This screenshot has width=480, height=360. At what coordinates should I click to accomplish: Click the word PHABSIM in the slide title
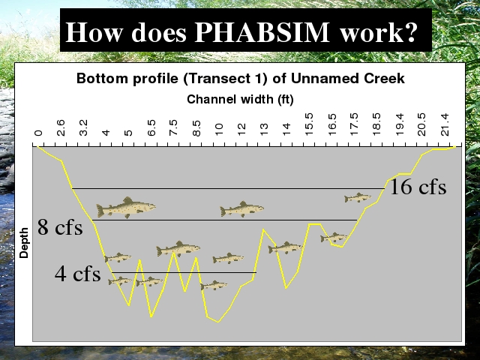(x=262, y=31)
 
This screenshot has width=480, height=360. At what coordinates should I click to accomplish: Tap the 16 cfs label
(x=418, y=187)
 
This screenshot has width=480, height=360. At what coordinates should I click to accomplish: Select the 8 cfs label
(x=60, y=227)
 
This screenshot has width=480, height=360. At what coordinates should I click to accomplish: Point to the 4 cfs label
(x=78, y=273)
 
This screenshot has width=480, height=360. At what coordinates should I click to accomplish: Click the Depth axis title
(x=24, y=243)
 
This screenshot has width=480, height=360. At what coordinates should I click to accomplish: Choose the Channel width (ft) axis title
(x=240, y=99)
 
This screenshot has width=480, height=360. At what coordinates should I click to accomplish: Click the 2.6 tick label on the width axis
(x=61, y=127)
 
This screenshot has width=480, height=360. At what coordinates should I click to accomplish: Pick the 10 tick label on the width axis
(x=218, y=130)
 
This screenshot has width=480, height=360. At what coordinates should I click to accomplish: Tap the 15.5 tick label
(x=309, y=124)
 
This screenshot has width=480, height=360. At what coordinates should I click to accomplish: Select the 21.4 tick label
(x=445, y=124)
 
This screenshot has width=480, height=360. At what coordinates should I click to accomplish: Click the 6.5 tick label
(x=151, y=127)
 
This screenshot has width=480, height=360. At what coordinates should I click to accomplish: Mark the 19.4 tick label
(x=400, y=124)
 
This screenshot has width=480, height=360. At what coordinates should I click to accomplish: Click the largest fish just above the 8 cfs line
(x=126, y=208)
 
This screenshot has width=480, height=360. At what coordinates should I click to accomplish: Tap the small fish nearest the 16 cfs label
(x=358, y=198)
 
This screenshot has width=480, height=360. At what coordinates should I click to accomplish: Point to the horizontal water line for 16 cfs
(x=228, y=188)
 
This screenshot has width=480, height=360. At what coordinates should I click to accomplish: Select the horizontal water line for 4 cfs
(x=184, y=272)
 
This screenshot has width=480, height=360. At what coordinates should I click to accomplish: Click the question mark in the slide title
(x=411, y=31)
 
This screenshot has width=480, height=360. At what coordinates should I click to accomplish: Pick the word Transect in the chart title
(x=217, y=78)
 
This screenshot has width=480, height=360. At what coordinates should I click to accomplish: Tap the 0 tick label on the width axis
(x=38, y=133)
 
